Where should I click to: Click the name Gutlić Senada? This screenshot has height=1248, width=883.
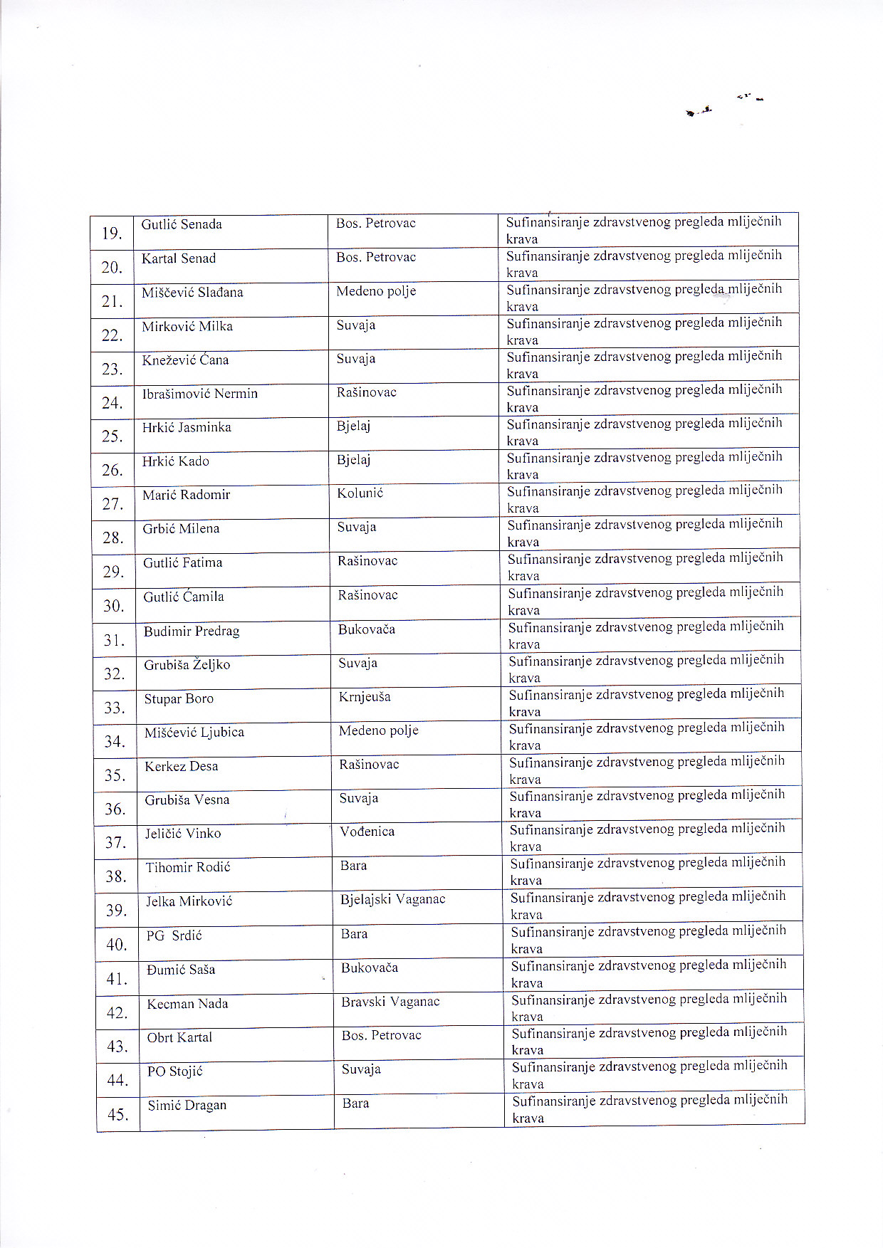coord(182,224)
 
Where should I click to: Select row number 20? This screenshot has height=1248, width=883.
coord(112,268)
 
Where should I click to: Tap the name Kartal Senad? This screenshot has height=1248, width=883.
coord(179,258)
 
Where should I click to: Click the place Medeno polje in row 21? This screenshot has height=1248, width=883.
coord(376,291)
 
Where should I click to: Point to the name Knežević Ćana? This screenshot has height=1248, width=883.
coord(185,360)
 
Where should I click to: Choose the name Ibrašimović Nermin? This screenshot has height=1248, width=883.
coord(200,394)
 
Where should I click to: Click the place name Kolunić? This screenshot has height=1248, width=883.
coord(360,493)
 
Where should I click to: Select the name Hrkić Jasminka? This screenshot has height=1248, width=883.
coord(187,427)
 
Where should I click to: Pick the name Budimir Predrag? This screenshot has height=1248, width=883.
coord(192,631)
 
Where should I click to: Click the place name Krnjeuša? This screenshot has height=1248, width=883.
coord(365,697)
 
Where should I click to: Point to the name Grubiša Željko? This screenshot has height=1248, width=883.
coord(187,665)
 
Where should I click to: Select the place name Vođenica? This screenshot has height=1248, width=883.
coord(367,832)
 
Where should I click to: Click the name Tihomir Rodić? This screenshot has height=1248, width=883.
coord(188,867)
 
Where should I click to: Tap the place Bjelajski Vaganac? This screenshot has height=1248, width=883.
coord(393,899)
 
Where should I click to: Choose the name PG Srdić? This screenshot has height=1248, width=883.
coord(174,935)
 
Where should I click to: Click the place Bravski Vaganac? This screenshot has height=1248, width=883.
coord(390,1002)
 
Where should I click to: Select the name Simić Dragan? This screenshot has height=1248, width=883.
coord(187,1105)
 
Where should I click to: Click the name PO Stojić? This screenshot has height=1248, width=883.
coord(175,1071)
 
